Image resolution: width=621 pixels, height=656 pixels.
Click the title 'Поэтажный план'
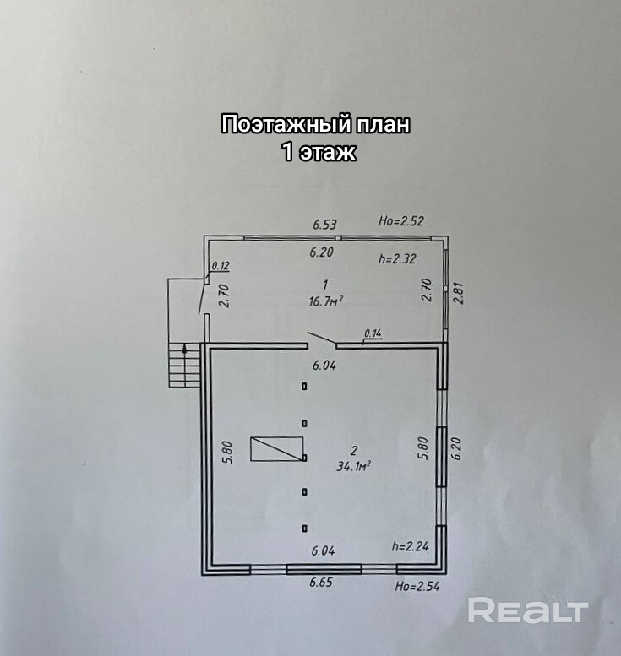[315, 125]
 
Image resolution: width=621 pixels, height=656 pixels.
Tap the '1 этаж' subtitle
[318, 152]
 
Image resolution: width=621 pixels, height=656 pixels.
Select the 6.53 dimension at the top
[324, 225]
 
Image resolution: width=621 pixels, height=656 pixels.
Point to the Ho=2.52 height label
[400, 222]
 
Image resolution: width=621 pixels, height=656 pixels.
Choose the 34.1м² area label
[355, 464]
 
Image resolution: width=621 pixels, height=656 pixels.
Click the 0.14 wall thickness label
[372, 334]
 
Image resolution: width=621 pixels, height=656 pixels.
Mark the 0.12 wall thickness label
[221, 266]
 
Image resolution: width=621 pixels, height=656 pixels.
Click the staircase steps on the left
[178, 365]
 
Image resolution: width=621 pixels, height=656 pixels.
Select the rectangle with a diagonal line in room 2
[277, 449]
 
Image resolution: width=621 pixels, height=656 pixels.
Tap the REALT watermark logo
[528, 610]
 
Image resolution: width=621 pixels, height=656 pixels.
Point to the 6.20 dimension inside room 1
[322, 252]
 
